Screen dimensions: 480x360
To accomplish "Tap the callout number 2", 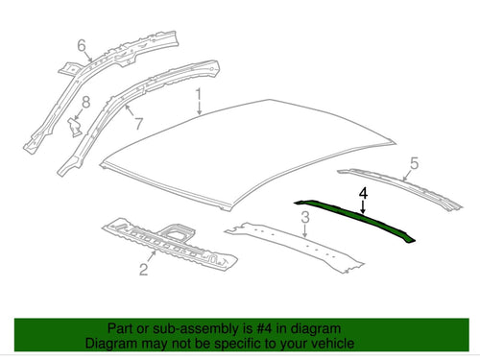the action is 143,269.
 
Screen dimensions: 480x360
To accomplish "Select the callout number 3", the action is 305,217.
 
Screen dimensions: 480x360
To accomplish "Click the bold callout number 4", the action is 363,194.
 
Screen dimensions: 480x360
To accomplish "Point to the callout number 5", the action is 414,163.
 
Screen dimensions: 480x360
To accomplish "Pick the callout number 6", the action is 82,45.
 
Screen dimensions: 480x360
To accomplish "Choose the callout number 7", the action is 138,124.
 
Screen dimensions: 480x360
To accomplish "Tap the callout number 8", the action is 85,103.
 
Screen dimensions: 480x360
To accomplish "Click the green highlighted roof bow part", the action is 353,219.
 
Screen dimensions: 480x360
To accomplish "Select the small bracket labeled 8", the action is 75,127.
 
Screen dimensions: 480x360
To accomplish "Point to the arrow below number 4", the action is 363,207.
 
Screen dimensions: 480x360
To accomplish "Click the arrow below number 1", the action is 199,108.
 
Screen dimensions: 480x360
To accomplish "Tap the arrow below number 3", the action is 305,230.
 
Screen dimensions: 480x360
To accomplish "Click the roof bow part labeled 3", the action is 295,248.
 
